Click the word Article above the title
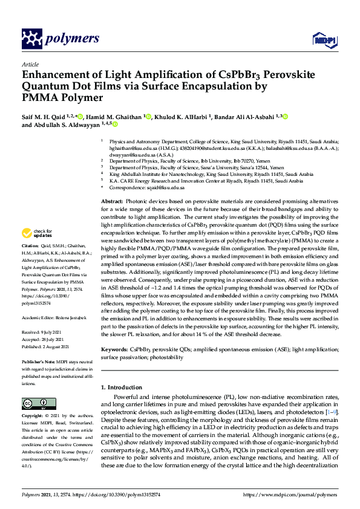click(30, 63)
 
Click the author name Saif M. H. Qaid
click(45, 117)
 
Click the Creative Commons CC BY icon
click(39, 403)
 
